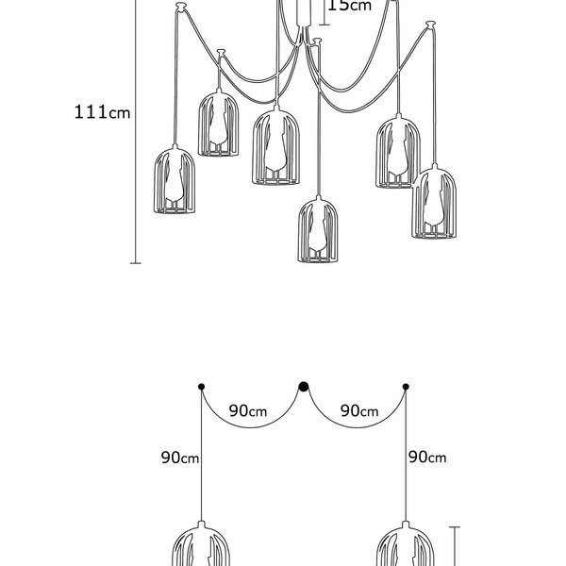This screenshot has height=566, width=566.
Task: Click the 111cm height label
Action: pyautogui.click(x=102, y=111)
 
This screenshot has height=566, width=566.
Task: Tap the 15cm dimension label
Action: pyautogui.click(x=348, y=6)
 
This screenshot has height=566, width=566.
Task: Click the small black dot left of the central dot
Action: pyautogui.click(x=201, y=386)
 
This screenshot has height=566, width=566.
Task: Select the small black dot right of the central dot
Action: pyautogui.click(x=406, y=386)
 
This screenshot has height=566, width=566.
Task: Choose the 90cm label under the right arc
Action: pyautogui.click(x=358, y=411)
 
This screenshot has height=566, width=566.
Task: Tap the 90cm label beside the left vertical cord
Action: pyautogui.click(x=177, y=458)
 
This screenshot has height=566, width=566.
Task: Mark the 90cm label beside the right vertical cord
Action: pyautogui.click(x=427, y=458)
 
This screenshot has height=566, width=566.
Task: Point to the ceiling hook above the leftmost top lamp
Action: pyautogui.click(x=176, y=7)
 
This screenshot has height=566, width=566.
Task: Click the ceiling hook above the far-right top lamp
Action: pyautogui.click(x=431, y=21)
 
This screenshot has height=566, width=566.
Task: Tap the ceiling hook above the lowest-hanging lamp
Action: pyautogui.click(x=319, y=42)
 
